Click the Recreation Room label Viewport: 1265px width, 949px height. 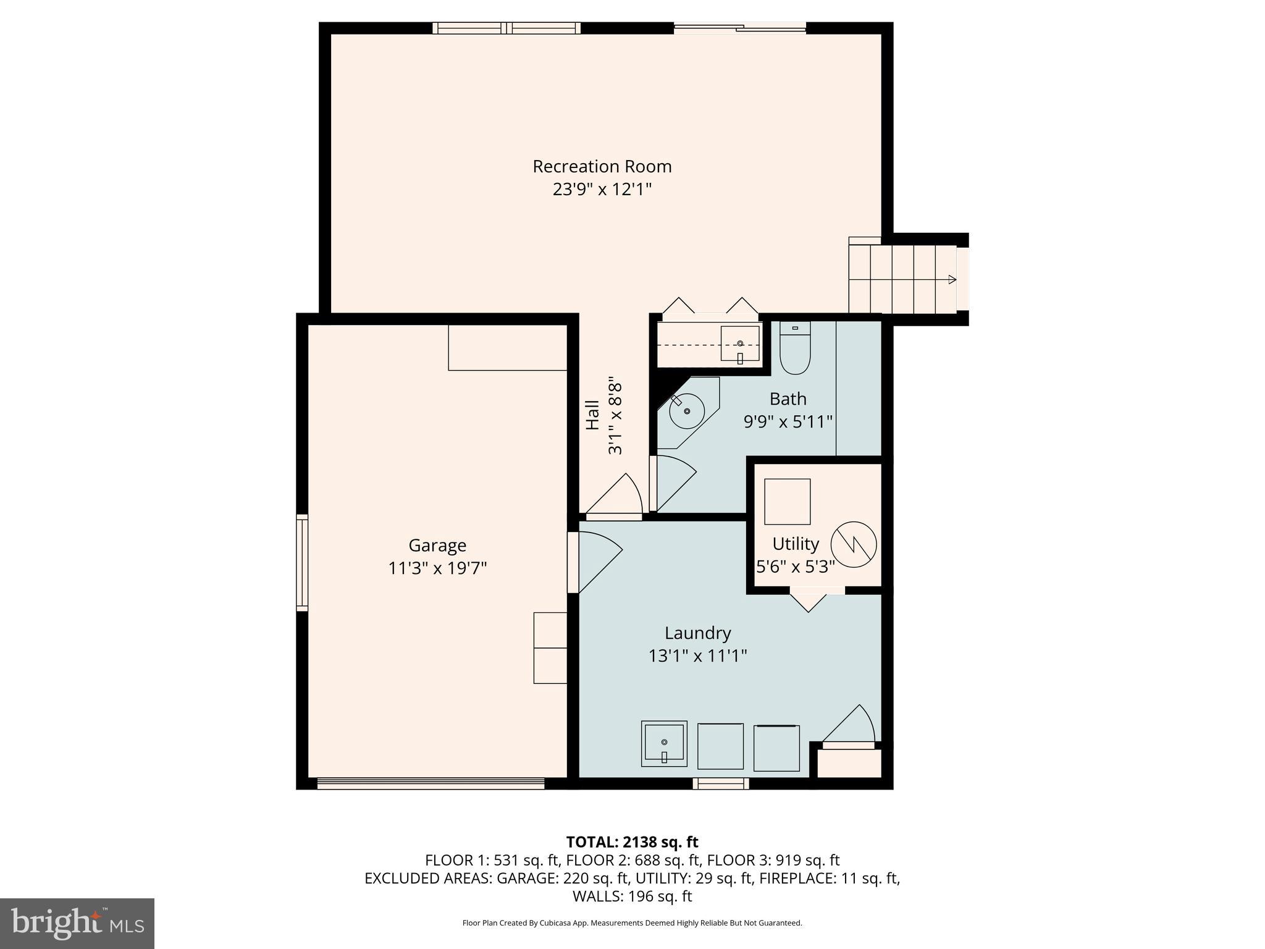[602, 166]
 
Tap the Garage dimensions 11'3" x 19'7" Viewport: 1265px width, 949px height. [437, 568]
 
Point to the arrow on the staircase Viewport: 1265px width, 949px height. [952, 279]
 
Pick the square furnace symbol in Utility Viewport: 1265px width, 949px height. [787, 501]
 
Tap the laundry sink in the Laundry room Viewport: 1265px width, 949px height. [664, 743]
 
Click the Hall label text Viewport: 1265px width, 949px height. [592, 415]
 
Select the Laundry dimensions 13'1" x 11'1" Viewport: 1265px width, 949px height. [697, 656]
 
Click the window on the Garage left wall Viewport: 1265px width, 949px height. [302, 562]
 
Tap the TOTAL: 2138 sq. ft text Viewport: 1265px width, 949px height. [632, 841]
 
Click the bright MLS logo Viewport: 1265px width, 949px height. [77, 923]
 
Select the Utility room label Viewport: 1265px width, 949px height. [795, 544]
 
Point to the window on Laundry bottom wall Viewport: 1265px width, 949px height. [720, 783]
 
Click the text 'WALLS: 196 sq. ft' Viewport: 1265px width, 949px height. [632, 896]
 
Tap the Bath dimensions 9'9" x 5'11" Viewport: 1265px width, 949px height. [788, 421]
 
